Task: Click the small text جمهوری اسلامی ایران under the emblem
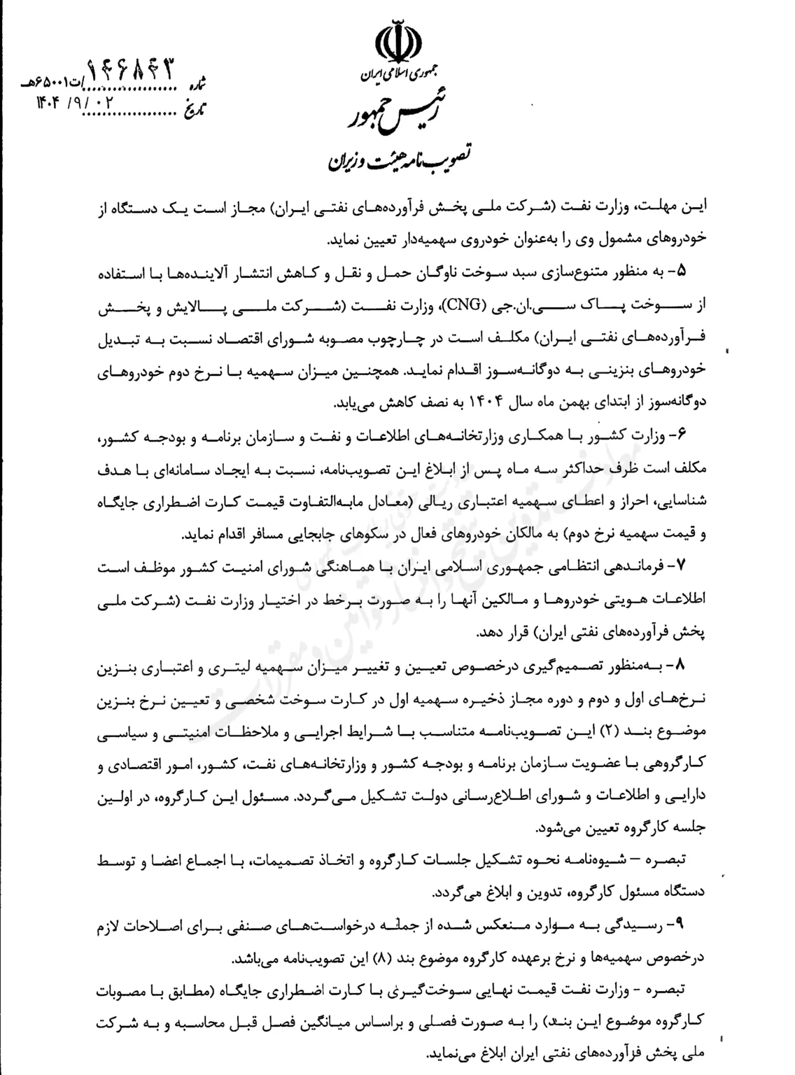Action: coord(397,73)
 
